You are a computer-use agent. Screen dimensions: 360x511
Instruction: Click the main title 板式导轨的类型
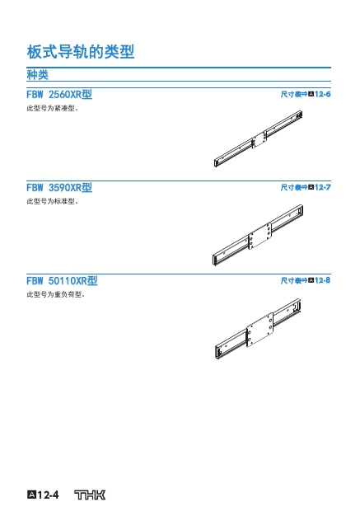[x=81, y=52]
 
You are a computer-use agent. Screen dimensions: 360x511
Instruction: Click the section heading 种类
[x=37, y=75]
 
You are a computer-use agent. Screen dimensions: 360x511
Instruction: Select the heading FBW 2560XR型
[x=59, y=95]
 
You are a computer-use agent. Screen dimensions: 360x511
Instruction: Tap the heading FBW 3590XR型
[x=59, y=188]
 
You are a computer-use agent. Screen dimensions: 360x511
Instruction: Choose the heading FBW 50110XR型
[x=62, y=280]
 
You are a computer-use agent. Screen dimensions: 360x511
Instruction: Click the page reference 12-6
[x=323, y=94]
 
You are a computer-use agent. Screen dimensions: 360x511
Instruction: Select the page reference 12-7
[x=323, y=187]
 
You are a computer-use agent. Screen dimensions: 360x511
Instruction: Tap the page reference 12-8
[x=323, y=280]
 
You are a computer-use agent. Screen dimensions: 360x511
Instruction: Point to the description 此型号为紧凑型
[x=53, y=108]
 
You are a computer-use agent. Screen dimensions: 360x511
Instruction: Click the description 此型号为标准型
[x=53, y=201]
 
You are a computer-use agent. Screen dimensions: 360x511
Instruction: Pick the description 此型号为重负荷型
[x=56, y=294]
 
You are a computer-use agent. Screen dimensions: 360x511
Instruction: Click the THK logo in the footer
[x=90, y=495]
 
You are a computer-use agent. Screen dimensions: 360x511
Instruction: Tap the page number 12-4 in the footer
[x=48, y=495]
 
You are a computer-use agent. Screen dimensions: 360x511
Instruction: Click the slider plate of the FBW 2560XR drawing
[x=259, y=140]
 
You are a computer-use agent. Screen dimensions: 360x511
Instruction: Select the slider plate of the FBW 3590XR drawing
[x=260, y=236]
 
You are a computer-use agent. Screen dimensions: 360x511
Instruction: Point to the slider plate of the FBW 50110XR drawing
[x=259, y=330]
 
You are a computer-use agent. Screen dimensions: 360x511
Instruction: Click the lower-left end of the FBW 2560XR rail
[x=216, y=163]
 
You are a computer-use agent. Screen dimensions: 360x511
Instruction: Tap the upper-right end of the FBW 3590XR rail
[x=300, y=210]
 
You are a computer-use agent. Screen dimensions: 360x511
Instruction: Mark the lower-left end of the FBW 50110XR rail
[x=217, y=352]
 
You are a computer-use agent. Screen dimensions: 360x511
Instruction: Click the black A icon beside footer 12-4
[x=31, y=495]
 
